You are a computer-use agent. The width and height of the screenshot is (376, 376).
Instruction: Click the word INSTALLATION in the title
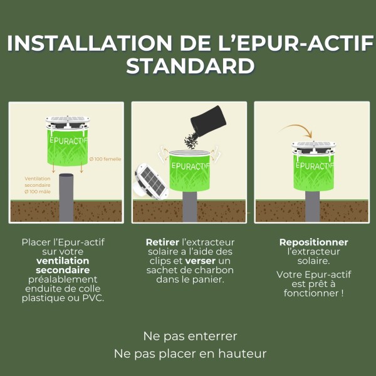point(87,43)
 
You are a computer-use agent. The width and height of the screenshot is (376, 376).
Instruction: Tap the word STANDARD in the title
point(190,66)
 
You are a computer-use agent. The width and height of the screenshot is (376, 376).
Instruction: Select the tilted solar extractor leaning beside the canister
point(152,181)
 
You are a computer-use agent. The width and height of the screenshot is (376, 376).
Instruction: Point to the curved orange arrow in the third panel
point(296,130)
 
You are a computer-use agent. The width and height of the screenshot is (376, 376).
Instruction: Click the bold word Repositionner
point(313,242)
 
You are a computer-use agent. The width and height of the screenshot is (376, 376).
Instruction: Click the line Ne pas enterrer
point(190,336)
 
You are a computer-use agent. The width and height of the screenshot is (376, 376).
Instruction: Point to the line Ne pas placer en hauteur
point(190,353)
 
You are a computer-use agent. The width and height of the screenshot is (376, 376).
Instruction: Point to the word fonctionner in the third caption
point(311,293)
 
